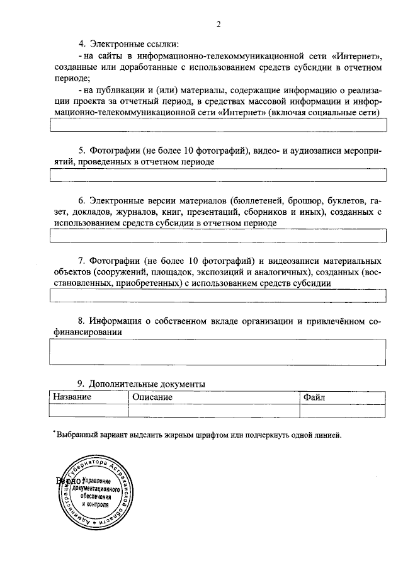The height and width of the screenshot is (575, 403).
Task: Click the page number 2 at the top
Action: pyautogui.click(x=218, y=25)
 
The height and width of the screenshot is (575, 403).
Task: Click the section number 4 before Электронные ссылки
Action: pyautogui.click(x=81, y=44)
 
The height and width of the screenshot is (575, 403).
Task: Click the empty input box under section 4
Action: pyautogui.click(x=217, y=125)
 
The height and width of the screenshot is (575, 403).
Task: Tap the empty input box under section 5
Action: pyautogui.click(x=217, y=174)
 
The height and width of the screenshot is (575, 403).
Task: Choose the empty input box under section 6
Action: pyautogui.click(x=217, y=236)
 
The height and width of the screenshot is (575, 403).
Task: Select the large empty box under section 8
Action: pyautogui.click(x=217, y=352)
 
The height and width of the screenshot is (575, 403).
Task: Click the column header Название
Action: pyautogui.click(x=72, y=397)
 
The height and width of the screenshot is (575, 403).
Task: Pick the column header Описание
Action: pyautogui.click(x=152, y=397)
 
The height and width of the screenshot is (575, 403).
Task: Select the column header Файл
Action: pyautogui.click(x=314, y=397)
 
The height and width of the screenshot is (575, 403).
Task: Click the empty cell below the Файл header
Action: pyautogui.click(x=343, y=410)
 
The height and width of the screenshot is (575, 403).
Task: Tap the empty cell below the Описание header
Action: pyautogui.click(x=214, y=410)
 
